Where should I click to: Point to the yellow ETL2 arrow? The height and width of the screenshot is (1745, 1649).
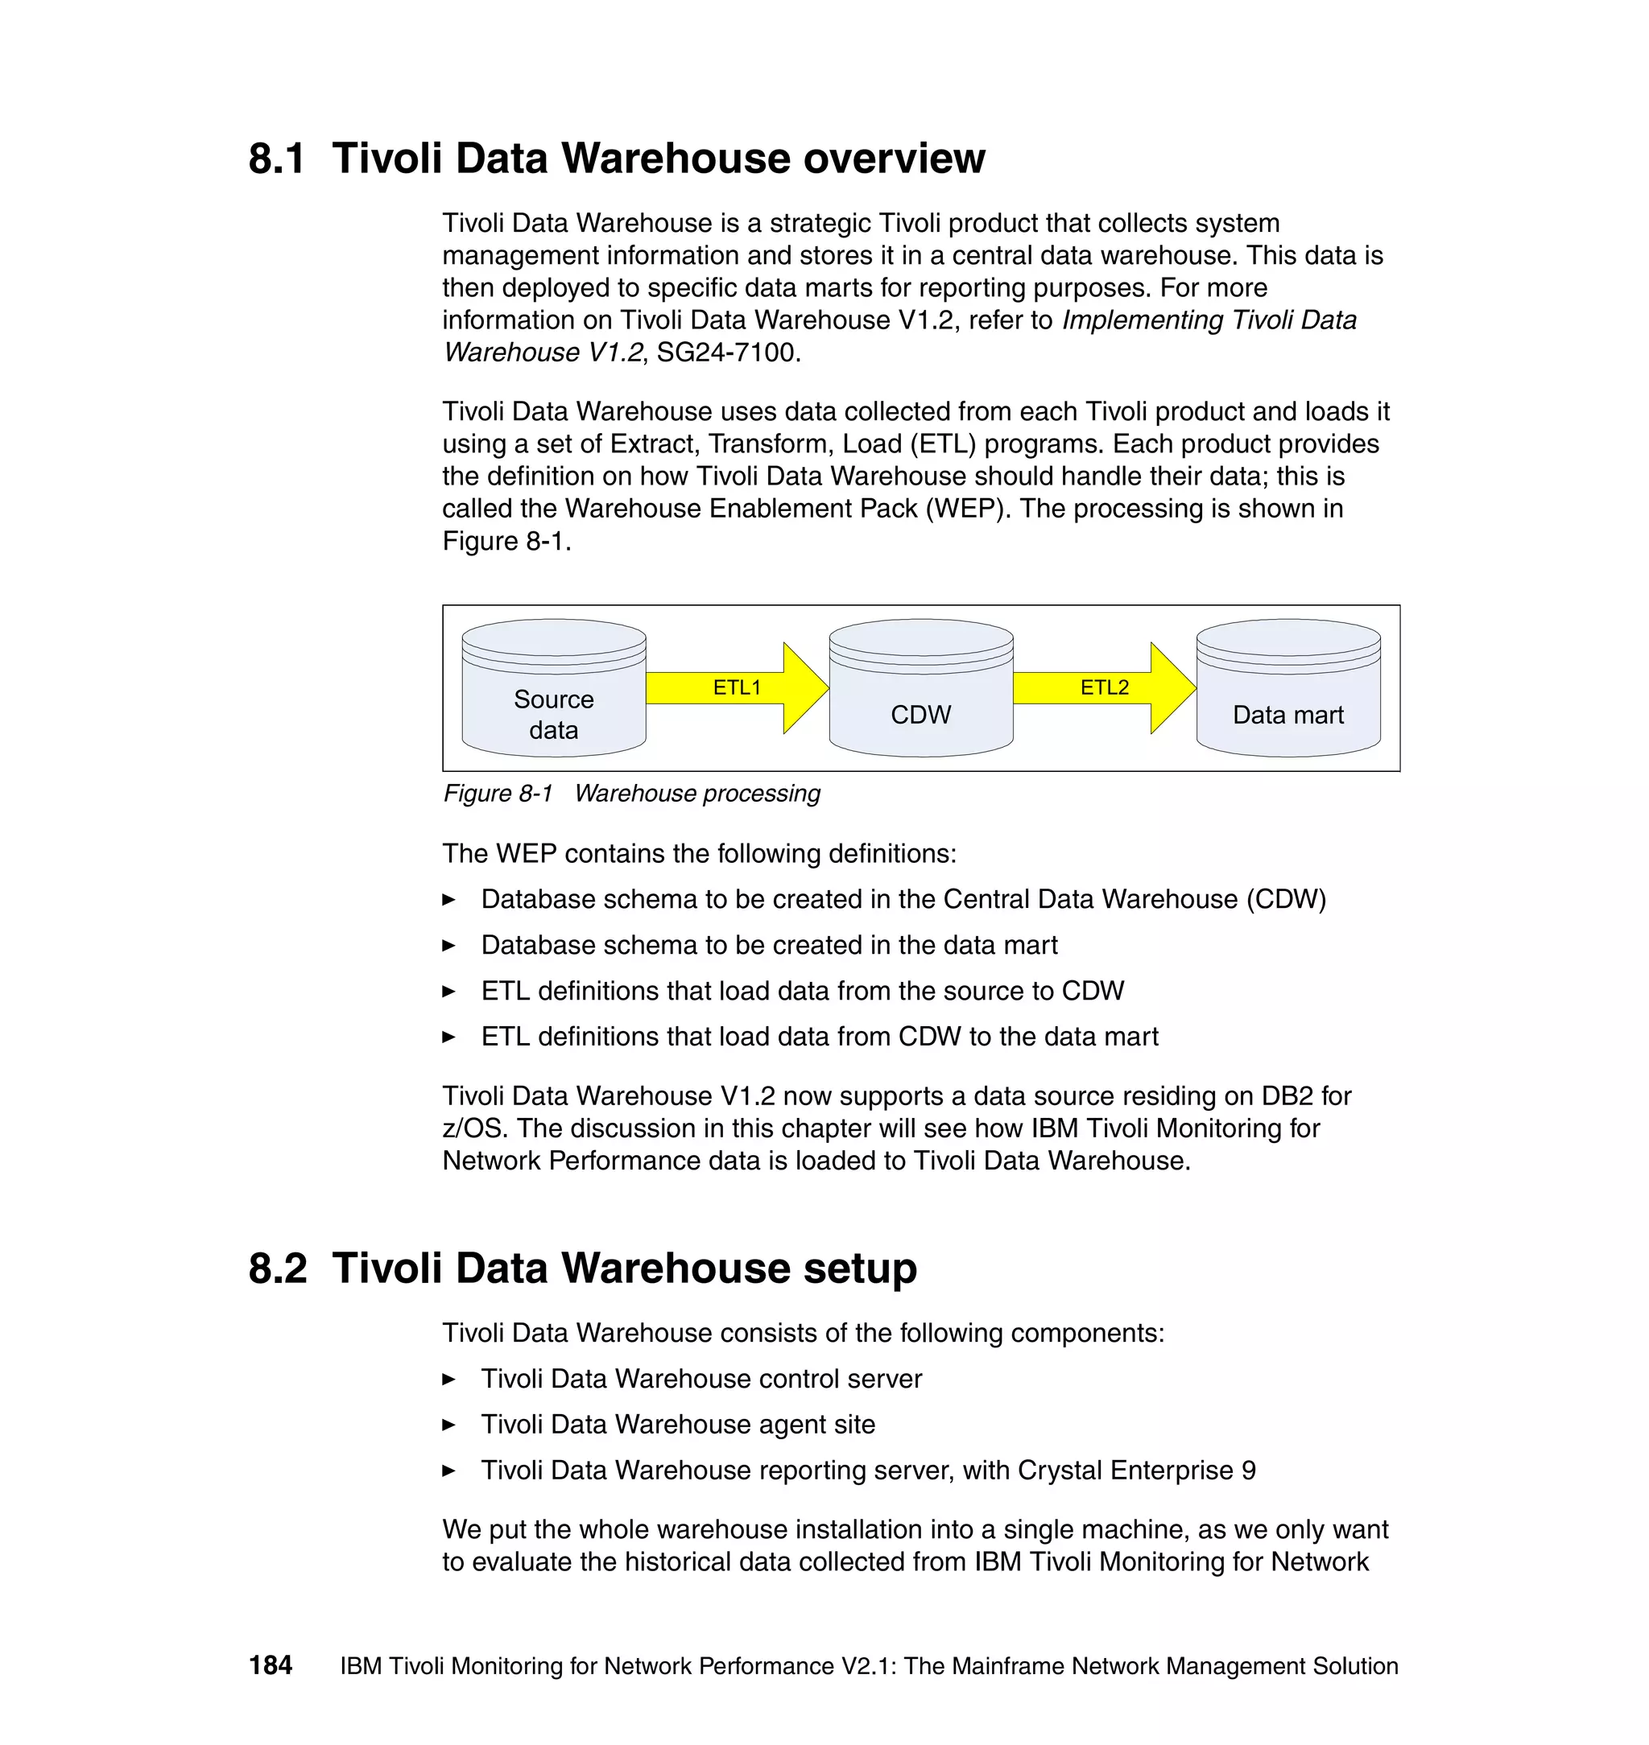pyautogui.click(x=1105, y=688)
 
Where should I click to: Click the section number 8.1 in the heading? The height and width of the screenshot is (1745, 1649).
pyautogui.click(x=277, y=159)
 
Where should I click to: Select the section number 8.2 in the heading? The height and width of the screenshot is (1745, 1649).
pyautogui.click(x=278, y=1269)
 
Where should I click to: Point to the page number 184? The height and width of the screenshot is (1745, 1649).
pyautogui.click(x=271, y=1665)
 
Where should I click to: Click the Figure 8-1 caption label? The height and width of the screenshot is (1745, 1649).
pyautogui.click(x=498, y=794)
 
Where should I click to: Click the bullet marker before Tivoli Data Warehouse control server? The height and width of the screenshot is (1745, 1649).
pyautogui.click(x=448, y=1380)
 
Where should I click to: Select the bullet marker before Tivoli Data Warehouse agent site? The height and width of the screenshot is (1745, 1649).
pyautogui.click(x=448, y=1425)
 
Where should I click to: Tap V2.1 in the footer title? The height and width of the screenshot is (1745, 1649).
pyautogui.click(x=867, y=1666)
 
